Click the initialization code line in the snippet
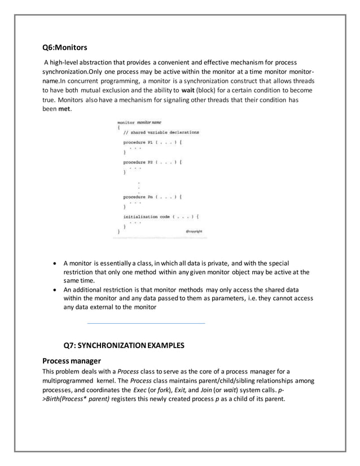pyautogui.click(x=161, y=216)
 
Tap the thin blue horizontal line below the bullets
pyautogui.click(x=146, y=323)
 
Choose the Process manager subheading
pyautogui.click(x=72, y=361)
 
